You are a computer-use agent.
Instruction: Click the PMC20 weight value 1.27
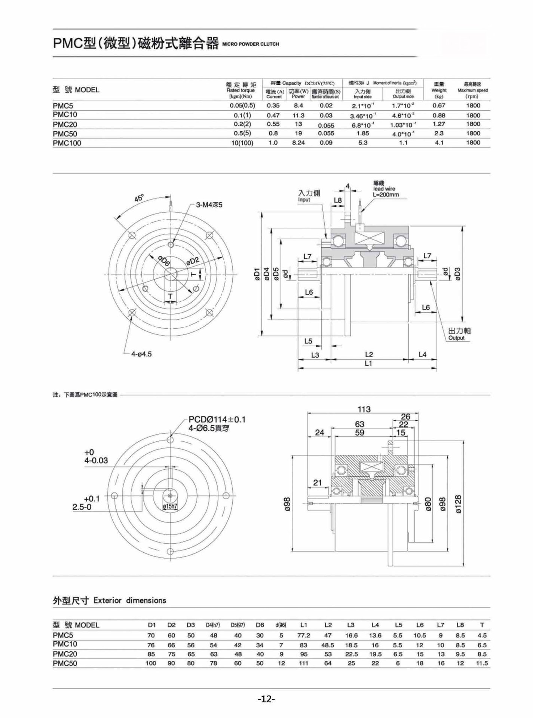click(439, 124)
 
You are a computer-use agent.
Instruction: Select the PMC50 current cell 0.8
click(273, 133)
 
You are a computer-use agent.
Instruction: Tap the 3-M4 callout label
click(209, 205)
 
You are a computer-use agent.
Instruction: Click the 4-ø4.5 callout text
click(141, 354)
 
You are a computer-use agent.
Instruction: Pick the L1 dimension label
click(368, 363)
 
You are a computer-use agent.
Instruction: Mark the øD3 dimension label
click(457, 273)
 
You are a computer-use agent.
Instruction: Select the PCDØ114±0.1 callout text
click(217, 419)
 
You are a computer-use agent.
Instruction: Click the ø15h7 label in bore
click(170, 506)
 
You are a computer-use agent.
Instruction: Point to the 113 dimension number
click(364, 409)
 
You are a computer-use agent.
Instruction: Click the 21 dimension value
click(317, 482)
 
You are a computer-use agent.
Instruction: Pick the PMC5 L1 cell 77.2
click(303, 635)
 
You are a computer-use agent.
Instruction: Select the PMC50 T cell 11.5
click(482, 663)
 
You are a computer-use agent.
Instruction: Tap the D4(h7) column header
click(213, 625)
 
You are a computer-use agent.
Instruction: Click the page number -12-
click(266, 699)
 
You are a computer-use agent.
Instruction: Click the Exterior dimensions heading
click(109, 601)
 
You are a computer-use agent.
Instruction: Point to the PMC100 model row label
click(67, 143)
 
